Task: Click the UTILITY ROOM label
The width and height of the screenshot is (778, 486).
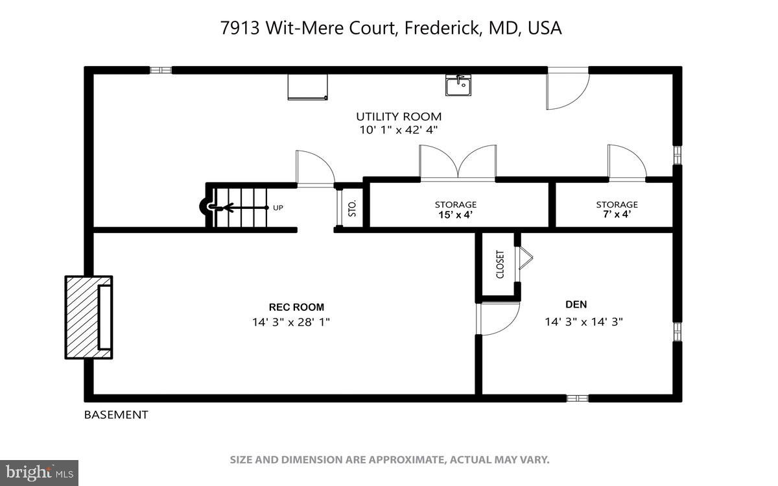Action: pyautogui.click(x=398, y=117)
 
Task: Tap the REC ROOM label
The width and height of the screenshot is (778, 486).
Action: pyautogui.click(x=296, y=308)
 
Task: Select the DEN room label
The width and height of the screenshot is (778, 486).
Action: pyautogui.click(x=576, y=304)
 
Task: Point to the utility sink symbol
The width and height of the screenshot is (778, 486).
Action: pyautogui.click(x=458, y=85)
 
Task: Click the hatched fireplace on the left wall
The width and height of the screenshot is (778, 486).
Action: pyautogui.click(x=88, y=317)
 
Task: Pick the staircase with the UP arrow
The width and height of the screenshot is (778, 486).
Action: pyautogui.click(x=237, y=208)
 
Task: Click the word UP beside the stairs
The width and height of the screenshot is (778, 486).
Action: pyautogui.click(x=278, y=208)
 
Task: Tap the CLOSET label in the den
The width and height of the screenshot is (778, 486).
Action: pyautogui.click(x=500, y=265)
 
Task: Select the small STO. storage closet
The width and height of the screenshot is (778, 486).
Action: pyautogui.click(x=352, y=208)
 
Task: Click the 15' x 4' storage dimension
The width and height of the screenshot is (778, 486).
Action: pyautogui.click(x=455, y=215)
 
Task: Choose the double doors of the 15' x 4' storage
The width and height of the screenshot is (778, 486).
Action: pyautogui.click(x=458, y=162)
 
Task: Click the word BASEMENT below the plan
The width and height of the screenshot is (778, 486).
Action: pyautogui.click(x=116, y=415)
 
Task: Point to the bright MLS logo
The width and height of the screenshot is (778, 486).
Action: pyautogui.click(x=39, y=472)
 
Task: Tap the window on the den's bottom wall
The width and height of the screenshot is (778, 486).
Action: pyautogui.click(x=577, y=398)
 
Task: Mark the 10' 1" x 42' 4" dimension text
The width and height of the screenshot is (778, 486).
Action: pyautogui.click(x=398, y=130)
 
